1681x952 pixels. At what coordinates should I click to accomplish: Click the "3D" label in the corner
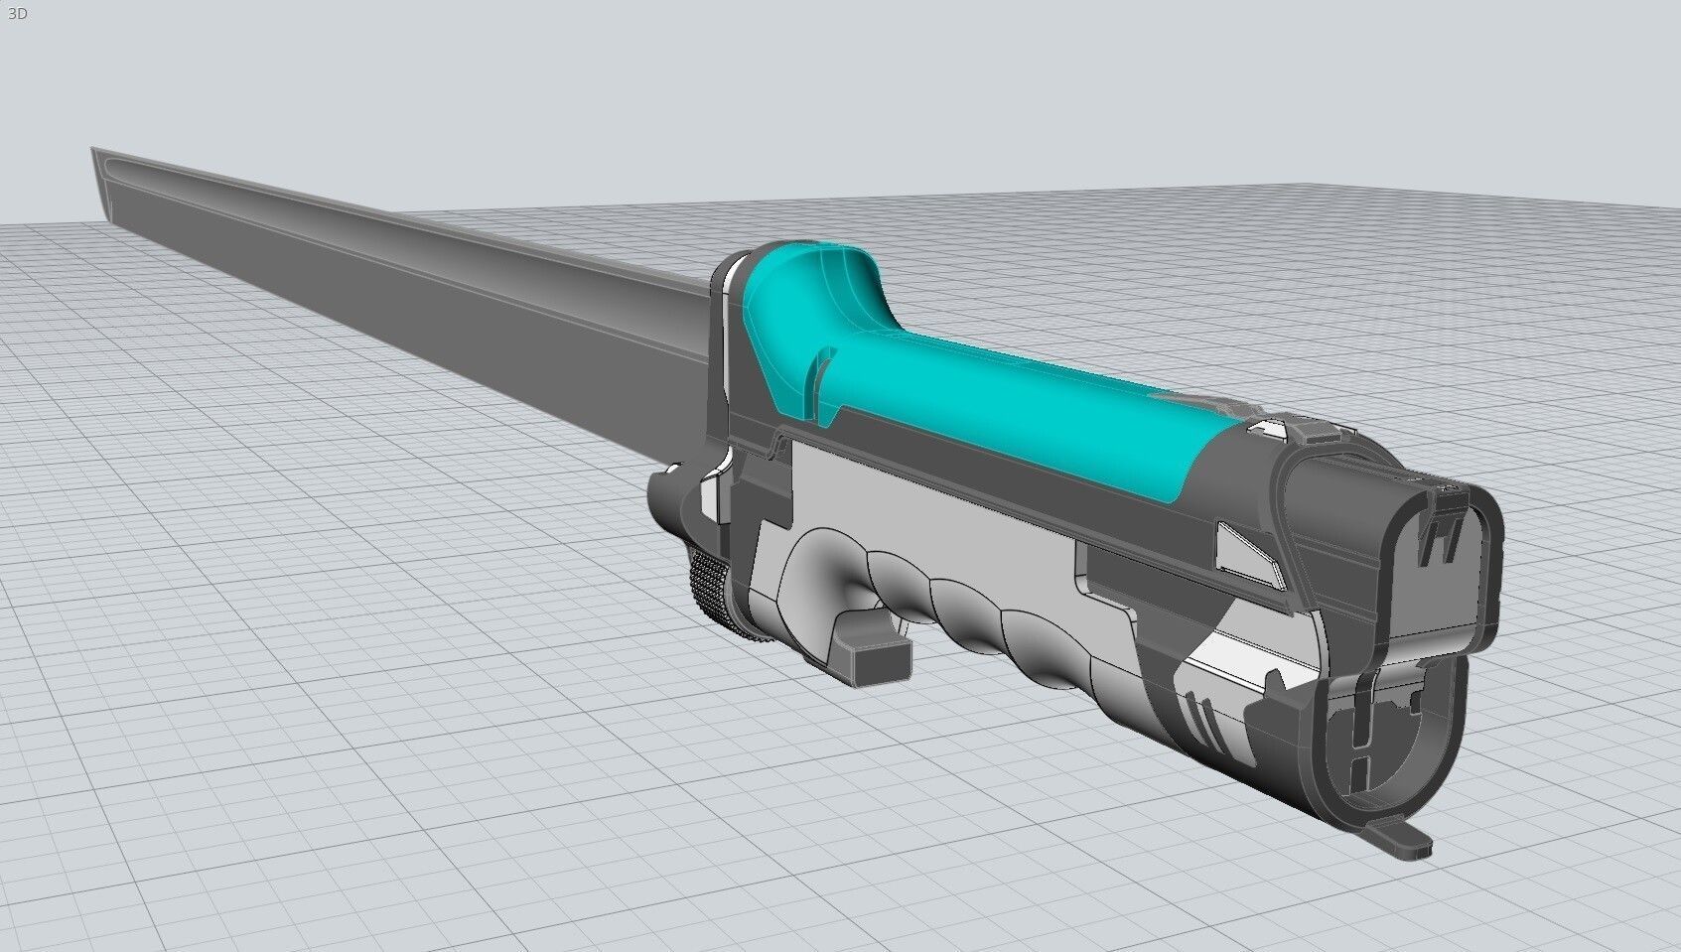16,14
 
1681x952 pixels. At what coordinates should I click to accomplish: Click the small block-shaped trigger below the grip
875,657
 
